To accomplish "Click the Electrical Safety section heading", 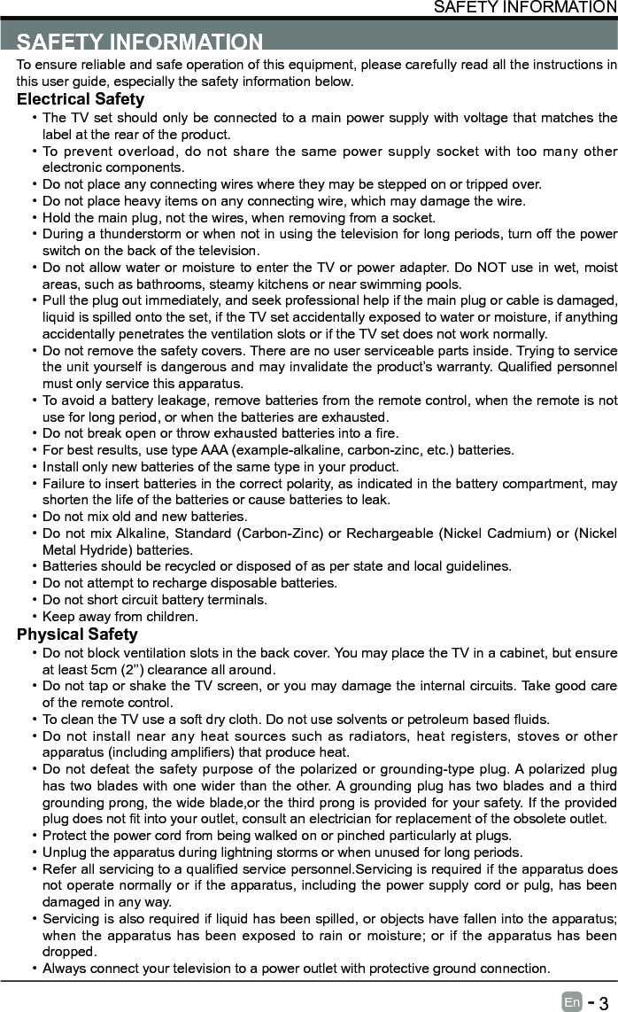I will (x=81, y=99).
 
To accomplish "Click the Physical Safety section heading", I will (x=78, y=634).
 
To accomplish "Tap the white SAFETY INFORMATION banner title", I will (x=140, y=42).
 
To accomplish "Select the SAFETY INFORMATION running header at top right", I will (x=525, y=7).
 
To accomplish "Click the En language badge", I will (x=572, y=1001).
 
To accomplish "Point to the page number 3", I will (x=603, y=1002).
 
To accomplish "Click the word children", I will (x=171, y=617).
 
